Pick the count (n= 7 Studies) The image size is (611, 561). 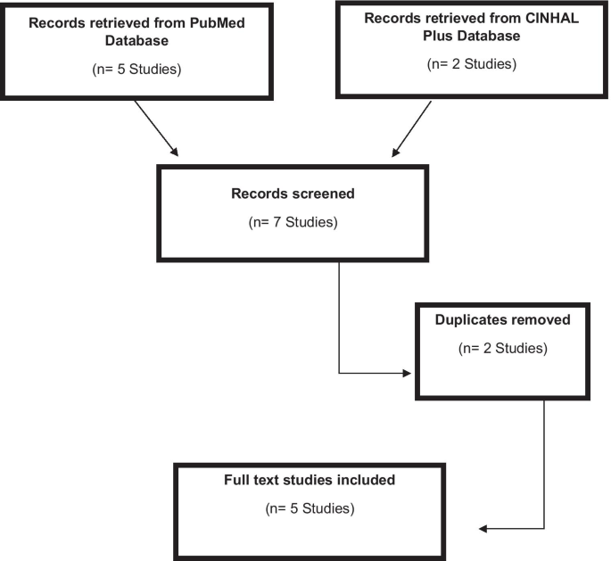[293, 221]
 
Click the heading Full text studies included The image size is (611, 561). [310, 480]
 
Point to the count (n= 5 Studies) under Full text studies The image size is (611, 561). [310, 510]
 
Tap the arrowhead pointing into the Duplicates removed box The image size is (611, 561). [411, 372]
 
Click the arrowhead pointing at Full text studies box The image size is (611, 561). [485, 529]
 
